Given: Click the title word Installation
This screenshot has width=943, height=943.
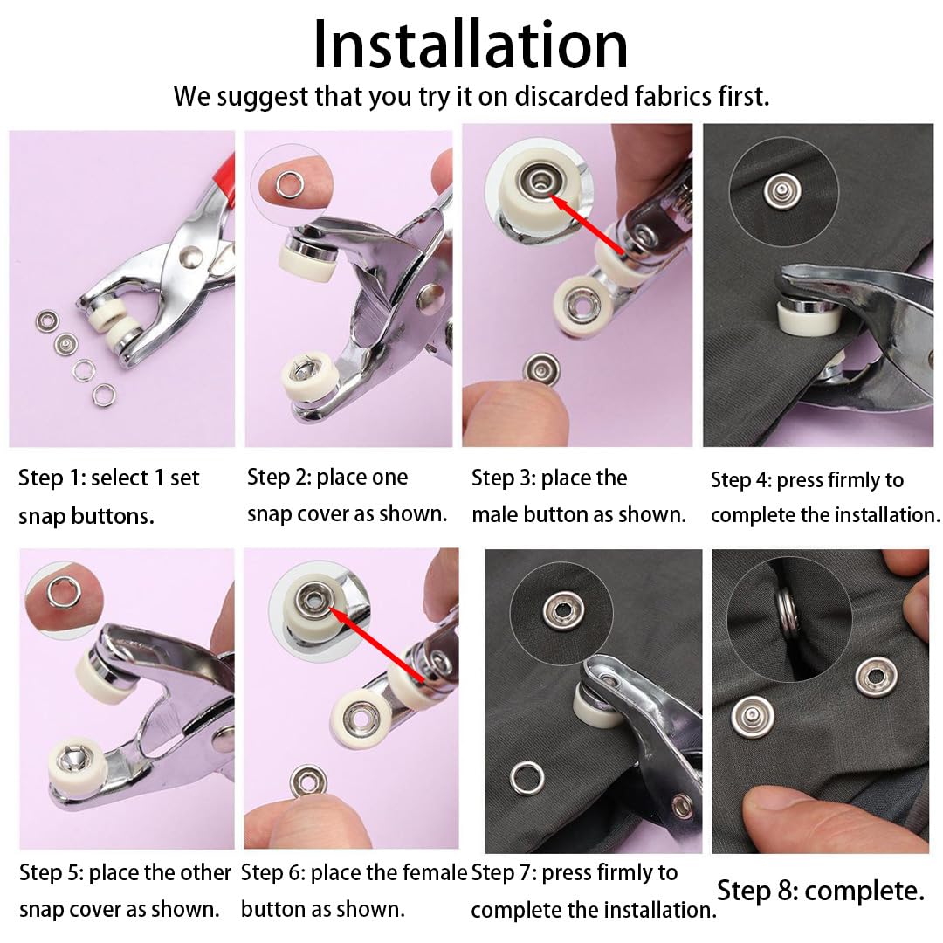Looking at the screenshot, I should (470, 45).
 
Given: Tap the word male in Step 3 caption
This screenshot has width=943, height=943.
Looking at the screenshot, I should (496, 514).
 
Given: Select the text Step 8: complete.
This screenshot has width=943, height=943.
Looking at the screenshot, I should (820, 891).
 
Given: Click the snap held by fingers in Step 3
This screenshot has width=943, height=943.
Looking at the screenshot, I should (541, 368).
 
